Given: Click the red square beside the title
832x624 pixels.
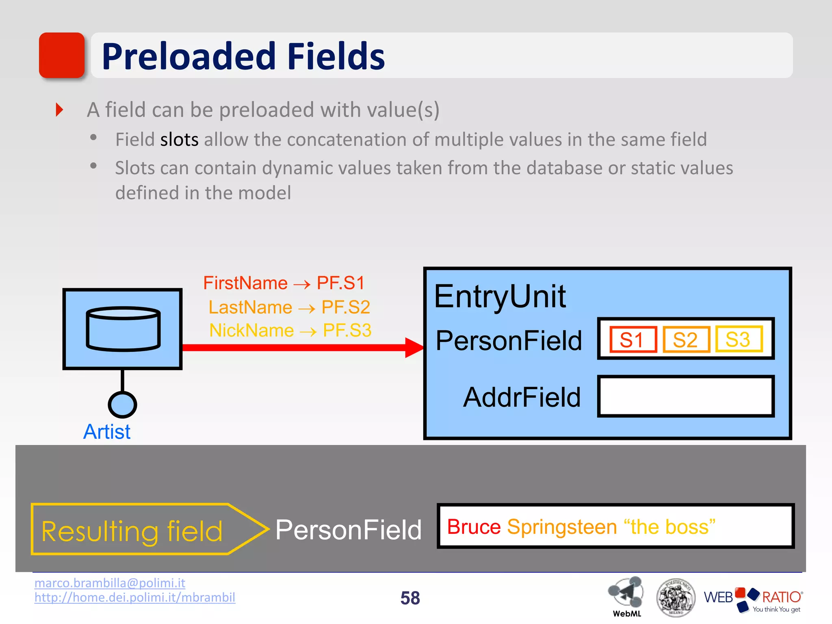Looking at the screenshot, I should coord(61,55).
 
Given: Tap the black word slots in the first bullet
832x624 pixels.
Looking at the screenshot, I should coord(179,140).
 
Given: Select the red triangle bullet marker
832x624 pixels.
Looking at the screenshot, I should coord(59,110).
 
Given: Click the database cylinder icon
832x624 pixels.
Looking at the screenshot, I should coord(123,329).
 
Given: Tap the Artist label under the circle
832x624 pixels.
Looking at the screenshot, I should coord(107,432).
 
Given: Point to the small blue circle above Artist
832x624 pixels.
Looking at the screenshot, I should coord(122,405).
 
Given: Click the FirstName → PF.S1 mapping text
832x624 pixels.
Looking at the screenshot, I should coord(284,283).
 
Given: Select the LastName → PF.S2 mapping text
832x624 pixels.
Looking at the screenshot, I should coord(289,307).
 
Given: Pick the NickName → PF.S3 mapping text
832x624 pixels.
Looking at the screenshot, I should coord(290,330).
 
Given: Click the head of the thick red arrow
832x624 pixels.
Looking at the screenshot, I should coord(414,348).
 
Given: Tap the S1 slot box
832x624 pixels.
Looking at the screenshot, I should coord(633,339).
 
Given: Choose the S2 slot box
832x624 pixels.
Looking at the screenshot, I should coord(686,339).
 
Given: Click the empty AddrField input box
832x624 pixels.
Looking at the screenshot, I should coord(686,396).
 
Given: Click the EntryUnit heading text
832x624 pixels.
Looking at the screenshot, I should coord(500,296).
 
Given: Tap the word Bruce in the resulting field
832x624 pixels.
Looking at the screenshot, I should coord(474,527).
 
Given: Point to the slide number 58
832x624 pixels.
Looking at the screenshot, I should coord(410,598).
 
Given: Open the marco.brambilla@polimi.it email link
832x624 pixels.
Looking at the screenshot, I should coord(110,583).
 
